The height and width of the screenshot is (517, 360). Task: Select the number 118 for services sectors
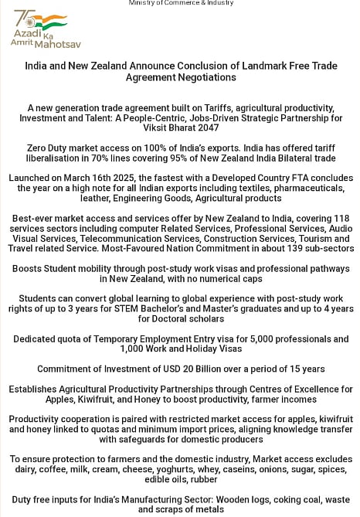click(x=341, y=219)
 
